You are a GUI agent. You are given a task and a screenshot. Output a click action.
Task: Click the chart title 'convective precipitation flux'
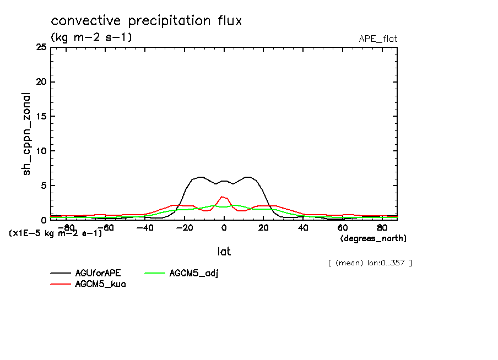pyautogui.click(x=147, y=21)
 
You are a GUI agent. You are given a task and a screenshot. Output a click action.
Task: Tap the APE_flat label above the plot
pyautogui.click(x=378, y=39)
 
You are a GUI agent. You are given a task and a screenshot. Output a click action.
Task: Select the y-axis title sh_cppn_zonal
pyautogui.click(x=26, y=134)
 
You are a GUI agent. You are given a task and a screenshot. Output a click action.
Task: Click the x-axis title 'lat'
pyautogui.click(x=224, y=252)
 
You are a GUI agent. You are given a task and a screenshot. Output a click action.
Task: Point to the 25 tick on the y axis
pyautogui.click(x=41, y=47)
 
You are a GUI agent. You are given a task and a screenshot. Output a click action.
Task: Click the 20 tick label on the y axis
pyautogui.click(x=41, y=82)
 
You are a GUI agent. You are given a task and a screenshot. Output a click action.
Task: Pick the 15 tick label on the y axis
pyautogui.click(x=41, y=117)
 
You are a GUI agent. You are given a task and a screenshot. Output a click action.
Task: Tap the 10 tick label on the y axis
pyautogui.click(x=41, y=151)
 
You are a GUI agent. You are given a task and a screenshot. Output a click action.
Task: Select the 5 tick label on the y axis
pyautogui.click(x=43, y=186)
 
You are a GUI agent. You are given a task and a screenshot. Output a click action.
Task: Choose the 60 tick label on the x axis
pyautogui.click(x=342, y=227)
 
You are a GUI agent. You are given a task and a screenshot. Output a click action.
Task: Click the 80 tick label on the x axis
pyautogui.click(x=382, y=227)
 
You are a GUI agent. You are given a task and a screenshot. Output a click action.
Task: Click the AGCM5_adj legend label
pyautogui.click(x=194, y=273)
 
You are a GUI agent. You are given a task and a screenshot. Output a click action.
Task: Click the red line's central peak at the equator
pyautogui.click(x=222, y=197)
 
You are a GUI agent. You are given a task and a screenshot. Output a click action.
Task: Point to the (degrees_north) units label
pyautogui.click(x=373, y=238)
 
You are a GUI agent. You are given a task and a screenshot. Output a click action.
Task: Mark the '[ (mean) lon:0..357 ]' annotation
pyautogui.click(x=370, y=263)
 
